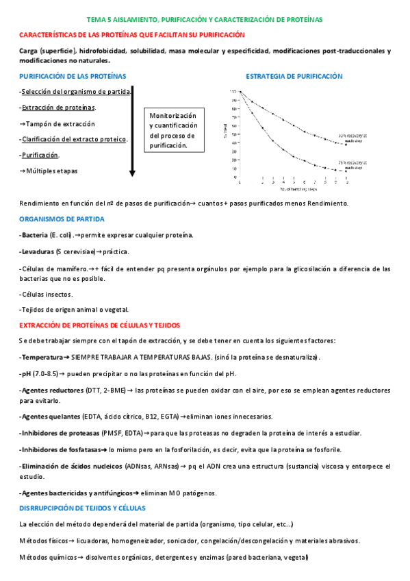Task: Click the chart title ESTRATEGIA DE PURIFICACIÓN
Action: [294, 77]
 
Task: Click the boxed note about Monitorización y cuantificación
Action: [174, 131]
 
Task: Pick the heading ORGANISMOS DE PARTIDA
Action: [62, 219]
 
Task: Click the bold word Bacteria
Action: [34, 235]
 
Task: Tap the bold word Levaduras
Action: [37, 252]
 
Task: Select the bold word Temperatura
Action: [41, 358]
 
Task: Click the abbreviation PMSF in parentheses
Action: [112, 433]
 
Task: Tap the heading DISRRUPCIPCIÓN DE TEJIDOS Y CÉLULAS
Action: [81, 508]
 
